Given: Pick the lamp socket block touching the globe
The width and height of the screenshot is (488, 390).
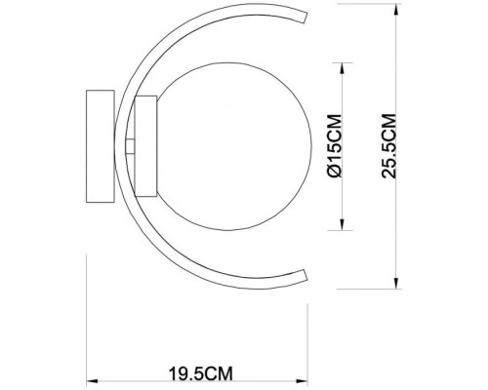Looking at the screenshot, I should point(145,145).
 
